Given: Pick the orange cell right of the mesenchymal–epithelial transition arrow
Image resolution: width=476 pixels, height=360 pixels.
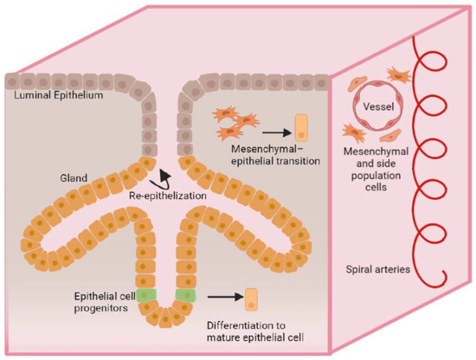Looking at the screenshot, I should click(x=299, y=127).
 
